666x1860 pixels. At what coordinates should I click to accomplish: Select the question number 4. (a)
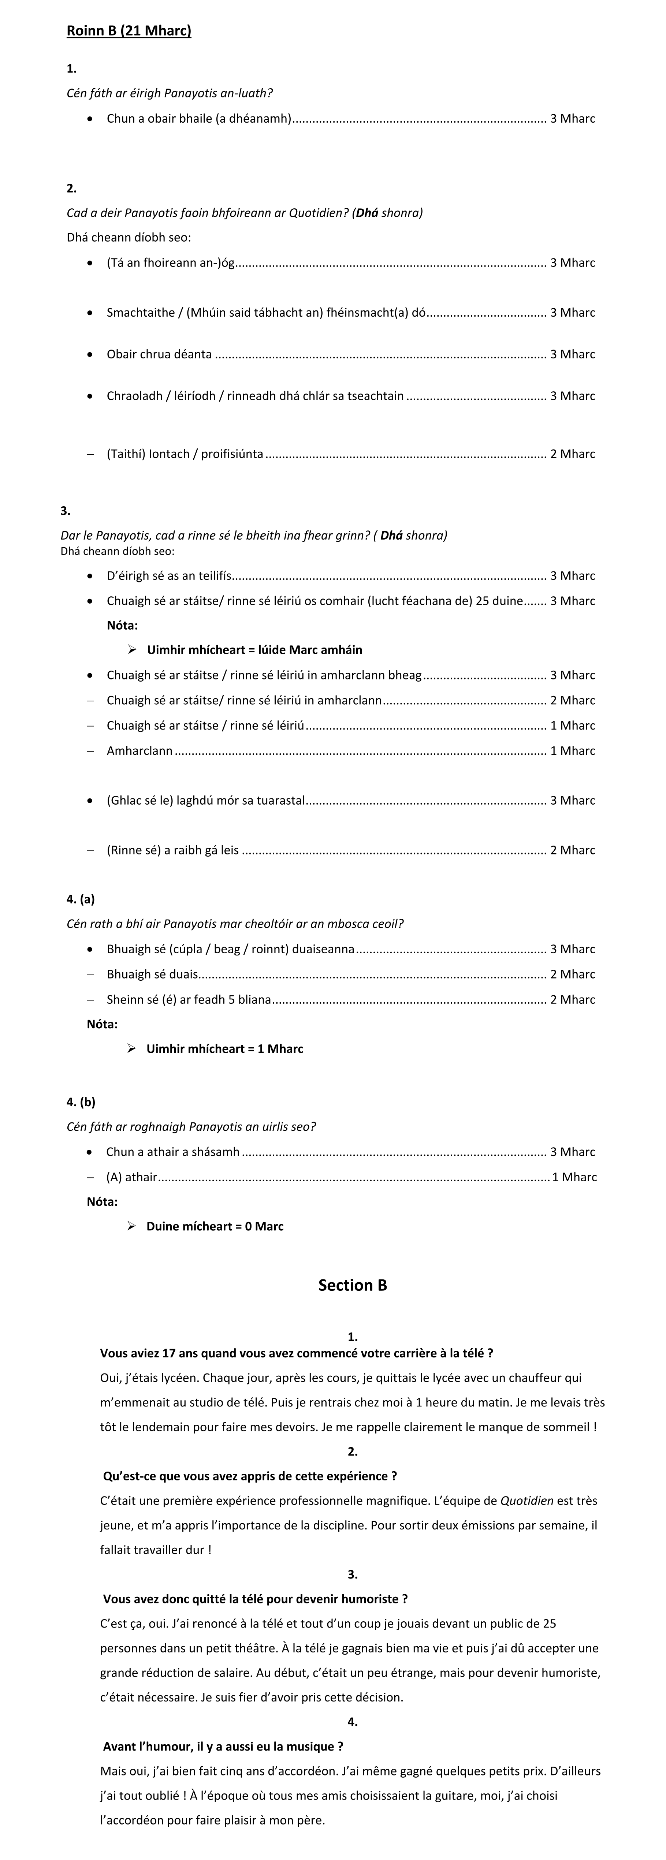80,899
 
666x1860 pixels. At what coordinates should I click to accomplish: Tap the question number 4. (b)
80,1102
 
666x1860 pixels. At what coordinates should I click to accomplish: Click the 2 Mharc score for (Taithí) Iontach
572,454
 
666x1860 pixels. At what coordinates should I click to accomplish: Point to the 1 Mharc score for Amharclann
572,751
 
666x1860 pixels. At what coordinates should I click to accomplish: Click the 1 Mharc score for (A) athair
574,1177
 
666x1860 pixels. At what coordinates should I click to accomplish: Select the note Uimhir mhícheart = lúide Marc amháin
254,650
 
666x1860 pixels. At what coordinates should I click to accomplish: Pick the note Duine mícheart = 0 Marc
215,1226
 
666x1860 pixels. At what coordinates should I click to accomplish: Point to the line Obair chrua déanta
159,354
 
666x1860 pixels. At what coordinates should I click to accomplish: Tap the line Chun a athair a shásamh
173,1152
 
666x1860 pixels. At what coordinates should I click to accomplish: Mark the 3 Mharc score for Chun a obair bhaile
572,118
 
